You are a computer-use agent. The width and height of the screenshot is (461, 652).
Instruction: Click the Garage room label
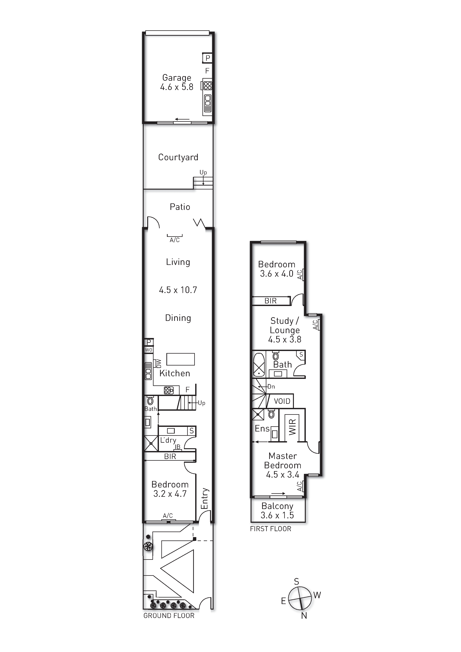(x=177, y=78)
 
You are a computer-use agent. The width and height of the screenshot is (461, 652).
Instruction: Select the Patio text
(x=180, y=207)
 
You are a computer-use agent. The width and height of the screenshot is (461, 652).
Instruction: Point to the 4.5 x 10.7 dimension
(x=178, y=290)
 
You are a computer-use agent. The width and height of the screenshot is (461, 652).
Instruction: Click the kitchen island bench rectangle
(x=180, y=359)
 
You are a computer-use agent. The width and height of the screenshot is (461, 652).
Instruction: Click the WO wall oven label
(x=149, y=350)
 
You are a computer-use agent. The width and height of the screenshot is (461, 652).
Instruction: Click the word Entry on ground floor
(x=205, y=499)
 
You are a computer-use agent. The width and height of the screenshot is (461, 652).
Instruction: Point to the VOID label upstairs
(x=282, y=401)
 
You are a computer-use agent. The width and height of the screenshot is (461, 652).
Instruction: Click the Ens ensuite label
(x=262, y=429)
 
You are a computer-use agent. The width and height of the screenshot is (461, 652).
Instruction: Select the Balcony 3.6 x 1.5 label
(x=277, y=511)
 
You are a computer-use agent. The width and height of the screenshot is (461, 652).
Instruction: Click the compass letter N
(x=304, y=616)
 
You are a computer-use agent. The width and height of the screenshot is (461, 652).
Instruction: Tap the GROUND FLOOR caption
(x=169, y=616)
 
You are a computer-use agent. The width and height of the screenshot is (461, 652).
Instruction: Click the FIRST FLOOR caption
(x=270, y=529)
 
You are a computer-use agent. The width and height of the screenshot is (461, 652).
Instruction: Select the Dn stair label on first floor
(x=271, y=387)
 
